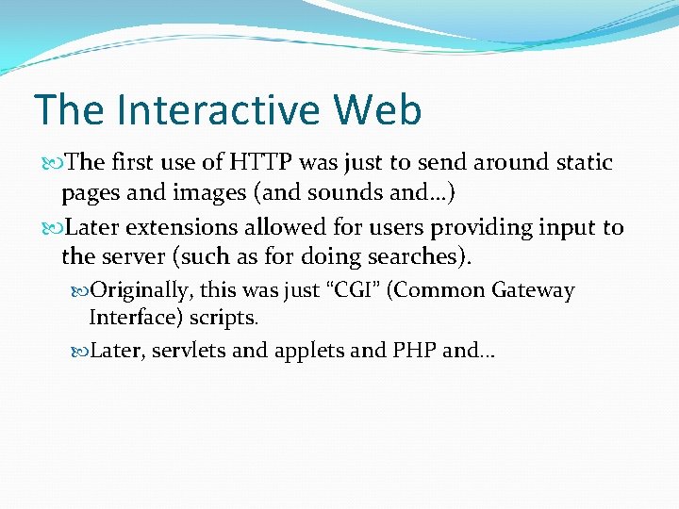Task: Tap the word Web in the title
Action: pos(376,110)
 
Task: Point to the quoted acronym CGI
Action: pos(352,290)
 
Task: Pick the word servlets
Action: pos(187,351)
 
